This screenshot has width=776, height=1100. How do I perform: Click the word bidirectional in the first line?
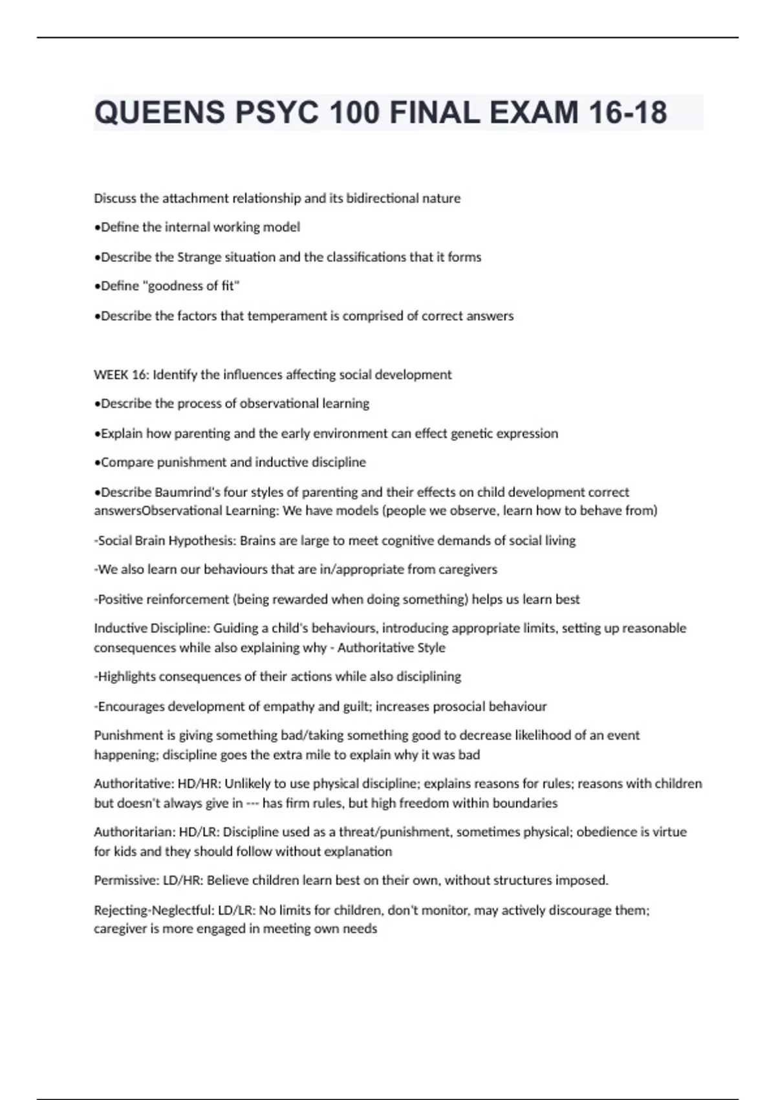point(383,199)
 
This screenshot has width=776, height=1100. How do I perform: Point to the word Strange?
point(199,258)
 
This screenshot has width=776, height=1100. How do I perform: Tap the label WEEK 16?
point(121,375)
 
